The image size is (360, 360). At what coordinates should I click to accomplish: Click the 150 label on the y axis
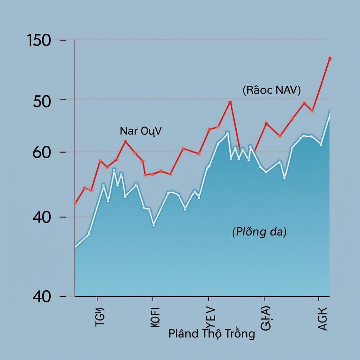click(39, 41)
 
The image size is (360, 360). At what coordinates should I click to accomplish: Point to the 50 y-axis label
click(42, 102)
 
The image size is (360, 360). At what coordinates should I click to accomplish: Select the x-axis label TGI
click(100, 317)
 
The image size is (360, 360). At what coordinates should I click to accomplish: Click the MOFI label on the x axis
click(155, 317)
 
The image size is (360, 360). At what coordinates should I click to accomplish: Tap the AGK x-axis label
click(322, 319)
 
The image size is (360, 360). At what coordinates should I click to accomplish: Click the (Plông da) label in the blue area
click(259, 232)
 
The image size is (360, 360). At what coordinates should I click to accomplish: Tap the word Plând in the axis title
click(183, 333)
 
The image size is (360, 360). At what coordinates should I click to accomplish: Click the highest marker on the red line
click(330, 59)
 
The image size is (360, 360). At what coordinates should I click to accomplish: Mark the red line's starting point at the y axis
click(75, 203)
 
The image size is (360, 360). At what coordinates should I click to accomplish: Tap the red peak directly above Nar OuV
click(126, 142)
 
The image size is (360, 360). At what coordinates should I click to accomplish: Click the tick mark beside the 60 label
click(63, 152)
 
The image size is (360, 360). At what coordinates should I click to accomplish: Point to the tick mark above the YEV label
click(208, 300)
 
